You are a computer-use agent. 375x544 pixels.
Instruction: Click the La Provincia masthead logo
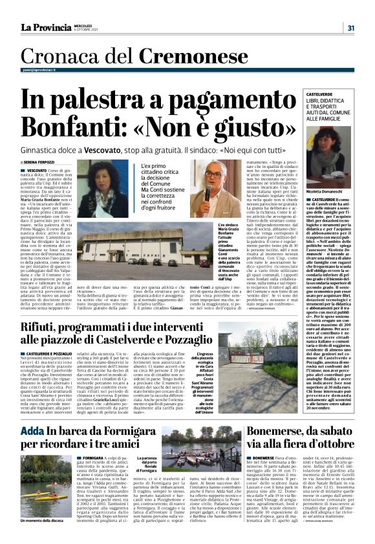[x=45, y=27]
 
